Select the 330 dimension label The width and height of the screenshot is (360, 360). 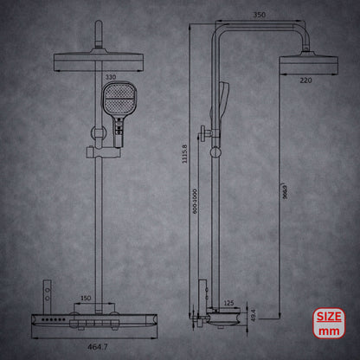(x=110, y=76)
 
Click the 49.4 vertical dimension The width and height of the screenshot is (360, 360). (x=252, y=316)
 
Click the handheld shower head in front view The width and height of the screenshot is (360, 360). (x=116, y=100)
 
